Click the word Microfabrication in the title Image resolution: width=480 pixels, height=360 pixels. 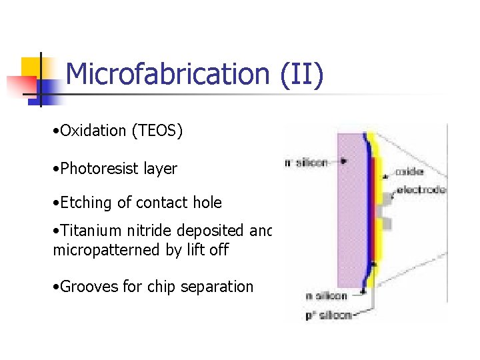(x=167, y=74)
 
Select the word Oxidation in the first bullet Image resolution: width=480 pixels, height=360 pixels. (x=94, y=131)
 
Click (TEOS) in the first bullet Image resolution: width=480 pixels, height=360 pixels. (x=157, y=131)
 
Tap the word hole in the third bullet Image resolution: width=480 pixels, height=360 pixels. (x=208, y=202)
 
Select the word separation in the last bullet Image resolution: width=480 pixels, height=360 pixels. (x=219, y=287)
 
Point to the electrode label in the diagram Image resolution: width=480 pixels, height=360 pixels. (x=420, y=189)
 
